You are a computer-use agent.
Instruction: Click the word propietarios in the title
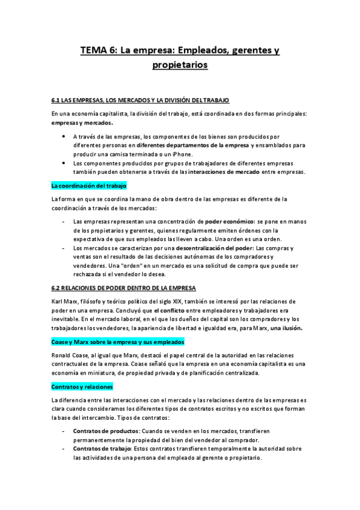tap(180, 64)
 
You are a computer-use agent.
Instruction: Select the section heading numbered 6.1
tap(140, 99)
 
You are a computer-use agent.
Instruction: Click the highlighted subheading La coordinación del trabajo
tap(89, 185)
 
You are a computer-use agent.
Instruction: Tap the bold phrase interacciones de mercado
tap(223, 172)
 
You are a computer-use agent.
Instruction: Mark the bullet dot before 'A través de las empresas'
tap(64, 137)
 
